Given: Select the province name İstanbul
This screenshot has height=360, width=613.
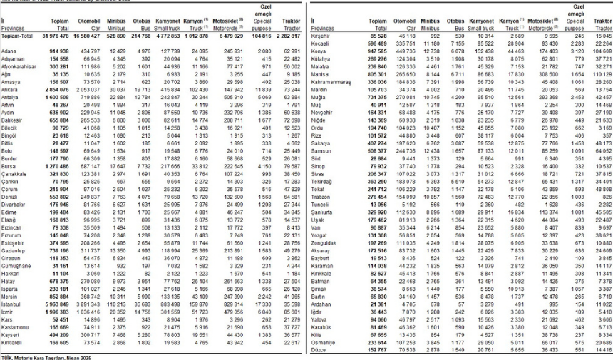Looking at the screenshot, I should click(x=13, y=303).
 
